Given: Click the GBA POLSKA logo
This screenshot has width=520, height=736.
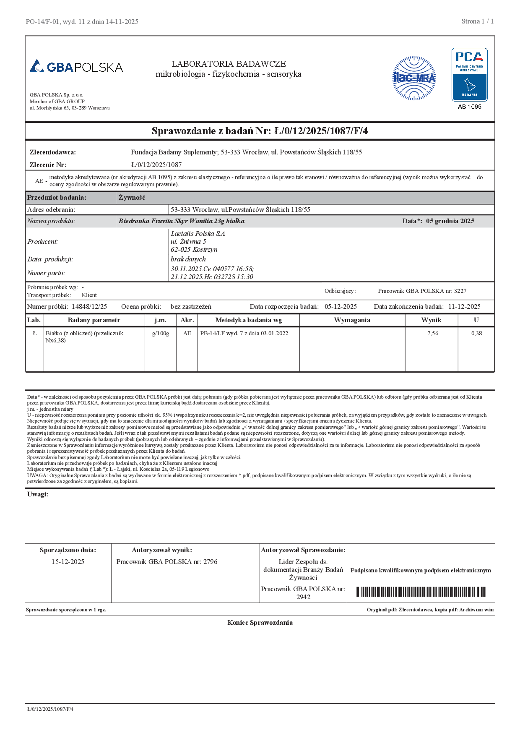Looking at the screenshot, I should [x=76, y=67].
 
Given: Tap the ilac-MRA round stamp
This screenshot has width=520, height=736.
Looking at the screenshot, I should [x=414, y=78].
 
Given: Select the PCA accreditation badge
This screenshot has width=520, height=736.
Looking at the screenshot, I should [x=469, y=75].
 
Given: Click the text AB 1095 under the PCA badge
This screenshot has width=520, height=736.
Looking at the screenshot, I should [x=469, y=107].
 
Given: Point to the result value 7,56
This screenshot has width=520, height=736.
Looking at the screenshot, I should [x=432, y=333].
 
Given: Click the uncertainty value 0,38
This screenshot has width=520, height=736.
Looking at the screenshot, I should [x=476, y=333].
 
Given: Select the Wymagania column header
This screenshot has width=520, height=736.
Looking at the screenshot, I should [x=352, y=320].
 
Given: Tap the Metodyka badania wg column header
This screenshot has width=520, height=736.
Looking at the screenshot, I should [x=248, y=320].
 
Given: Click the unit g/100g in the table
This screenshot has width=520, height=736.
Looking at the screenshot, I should [x=161, y=333].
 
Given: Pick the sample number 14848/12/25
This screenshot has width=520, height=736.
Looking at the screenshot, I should [x=89, y=307].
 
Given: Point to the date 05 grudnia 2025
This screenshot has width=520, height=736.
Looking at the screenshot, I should [x=450, y=221].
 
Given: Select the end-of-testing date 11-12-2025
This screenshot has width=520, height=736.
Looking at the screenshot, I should [x=464, y=307].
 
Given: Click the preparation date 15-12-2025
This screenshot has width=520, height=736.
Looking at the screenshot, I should [x=68, y=562].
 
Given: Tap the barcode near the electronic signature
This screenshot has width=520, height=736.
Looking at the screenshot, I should [x=421, y=592].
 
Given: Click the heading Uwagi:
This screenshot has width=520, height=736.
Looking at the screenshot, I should [x=38, y=494].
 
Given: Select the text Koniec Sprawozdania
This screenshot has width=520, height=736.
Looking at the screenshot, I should [x=260, y=623].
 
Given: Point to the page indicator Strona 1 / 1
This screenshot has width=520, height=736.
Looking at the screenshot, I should [x=477, y=21].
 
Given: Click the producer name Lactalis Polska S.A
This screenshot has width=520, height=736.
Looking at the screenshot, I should [x=198, y=233].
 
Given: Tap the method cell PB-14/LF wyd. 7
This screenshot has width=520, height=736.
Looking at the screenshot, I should [x=244, y=333].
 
